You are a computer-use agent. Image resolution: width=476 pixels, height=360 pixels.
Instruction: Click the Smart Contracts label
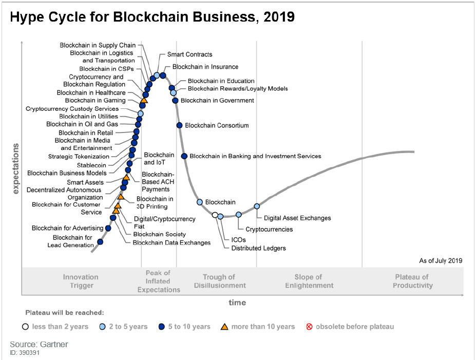pos(189,54)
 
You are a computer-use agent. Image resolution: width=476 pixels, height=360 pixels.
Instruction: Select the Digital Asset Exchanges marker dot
pos(257,206)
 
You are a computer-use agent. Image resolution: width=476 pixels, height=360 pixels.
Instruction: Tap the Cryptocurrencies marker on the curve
pos(239,215)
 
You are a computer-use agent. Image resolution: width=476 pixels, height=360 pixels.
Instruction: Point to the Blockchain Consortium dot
pos(179,125)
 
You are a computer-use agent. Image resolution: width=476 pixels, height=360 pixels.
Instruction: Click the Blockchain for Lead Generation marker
pos(100,241)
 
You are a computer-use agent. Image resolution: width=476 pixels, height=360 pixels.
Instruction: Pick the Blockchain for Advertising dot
pos(108,228)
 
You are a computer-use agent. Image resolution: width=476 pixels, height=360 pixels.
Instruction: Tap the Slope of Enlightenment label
pos(309,281)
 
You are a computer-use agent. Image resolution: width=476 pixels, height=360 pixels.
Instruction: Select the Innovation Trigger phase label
pos(81,281)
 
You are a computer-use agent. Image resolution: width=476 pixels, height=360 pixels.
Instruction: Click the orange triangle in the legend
pos(224,326)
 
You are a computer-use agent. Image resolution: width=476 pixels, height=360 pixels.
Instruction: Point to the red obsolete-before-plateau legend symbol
pos(309,327)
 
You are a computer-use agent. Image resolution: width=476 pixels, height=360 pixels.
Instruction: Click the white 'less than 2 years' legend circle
pos(25,327)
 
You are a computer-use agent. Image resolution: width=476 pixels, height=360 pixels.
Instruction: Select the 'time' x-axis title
pos(237,302)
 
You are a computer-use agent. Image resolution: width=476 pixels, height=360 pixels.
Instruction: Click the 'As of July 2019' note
pos(441,261)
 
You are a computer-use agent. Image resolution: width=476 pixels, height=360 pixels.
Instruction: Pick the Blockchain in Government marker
pos(175,101)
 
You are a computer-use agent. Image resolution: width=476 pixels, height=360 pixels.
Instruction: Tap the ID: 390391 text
pos(25,353)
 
